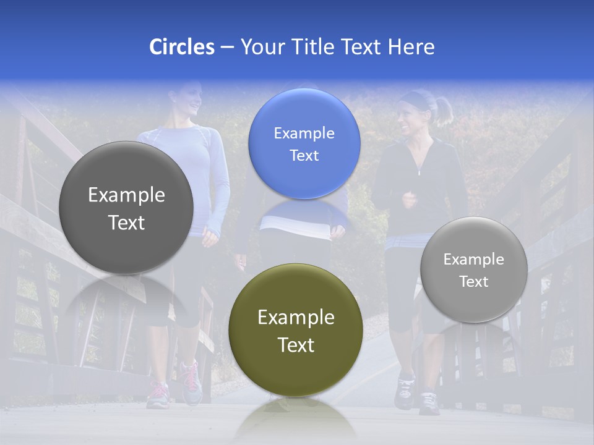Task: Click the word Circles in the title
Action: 181,47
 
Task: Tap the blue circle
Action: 304,143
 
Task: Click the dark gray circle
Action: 126,208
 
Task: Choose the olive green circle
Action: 296,330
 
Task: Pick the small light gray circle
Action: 473,269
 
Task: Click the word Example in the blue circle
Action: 304,133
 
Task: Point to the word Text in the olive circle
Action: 296,345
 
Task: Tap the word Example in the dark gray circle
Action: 126,195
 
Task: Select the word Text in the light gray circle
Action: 473,282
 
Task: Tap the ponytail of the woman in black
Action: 443,109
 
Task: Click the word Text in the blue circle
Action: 304,156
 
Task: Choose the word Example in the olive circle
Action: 296,318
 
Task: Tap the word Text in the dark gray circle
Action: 126,222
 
